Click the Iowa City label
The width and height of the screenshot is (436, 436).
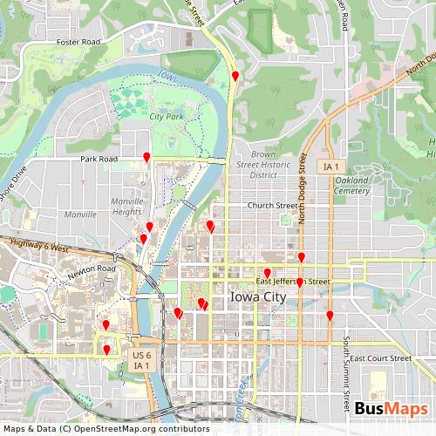257,297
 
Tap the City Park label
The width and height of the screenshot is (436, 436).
166,116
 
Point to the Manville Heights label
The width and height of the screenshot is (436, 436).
127,206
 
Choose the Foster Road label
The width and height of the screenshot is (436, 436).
78,42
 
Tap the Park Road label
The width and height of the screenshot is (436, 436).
99,160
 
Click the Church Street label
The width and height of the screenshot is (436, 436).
272,206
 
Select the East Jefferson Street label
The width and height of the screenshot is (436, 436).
293,282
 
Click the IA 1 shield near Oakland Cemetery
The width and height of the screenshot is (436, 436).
330,166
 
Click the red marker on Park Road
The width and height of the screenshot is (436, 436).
146,157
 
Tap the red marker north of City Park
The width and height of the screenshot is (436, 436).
235,77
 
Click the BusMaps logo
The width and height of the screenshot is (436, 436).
391,410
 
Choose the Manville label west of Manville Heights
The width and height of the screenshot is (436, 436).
81,214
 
